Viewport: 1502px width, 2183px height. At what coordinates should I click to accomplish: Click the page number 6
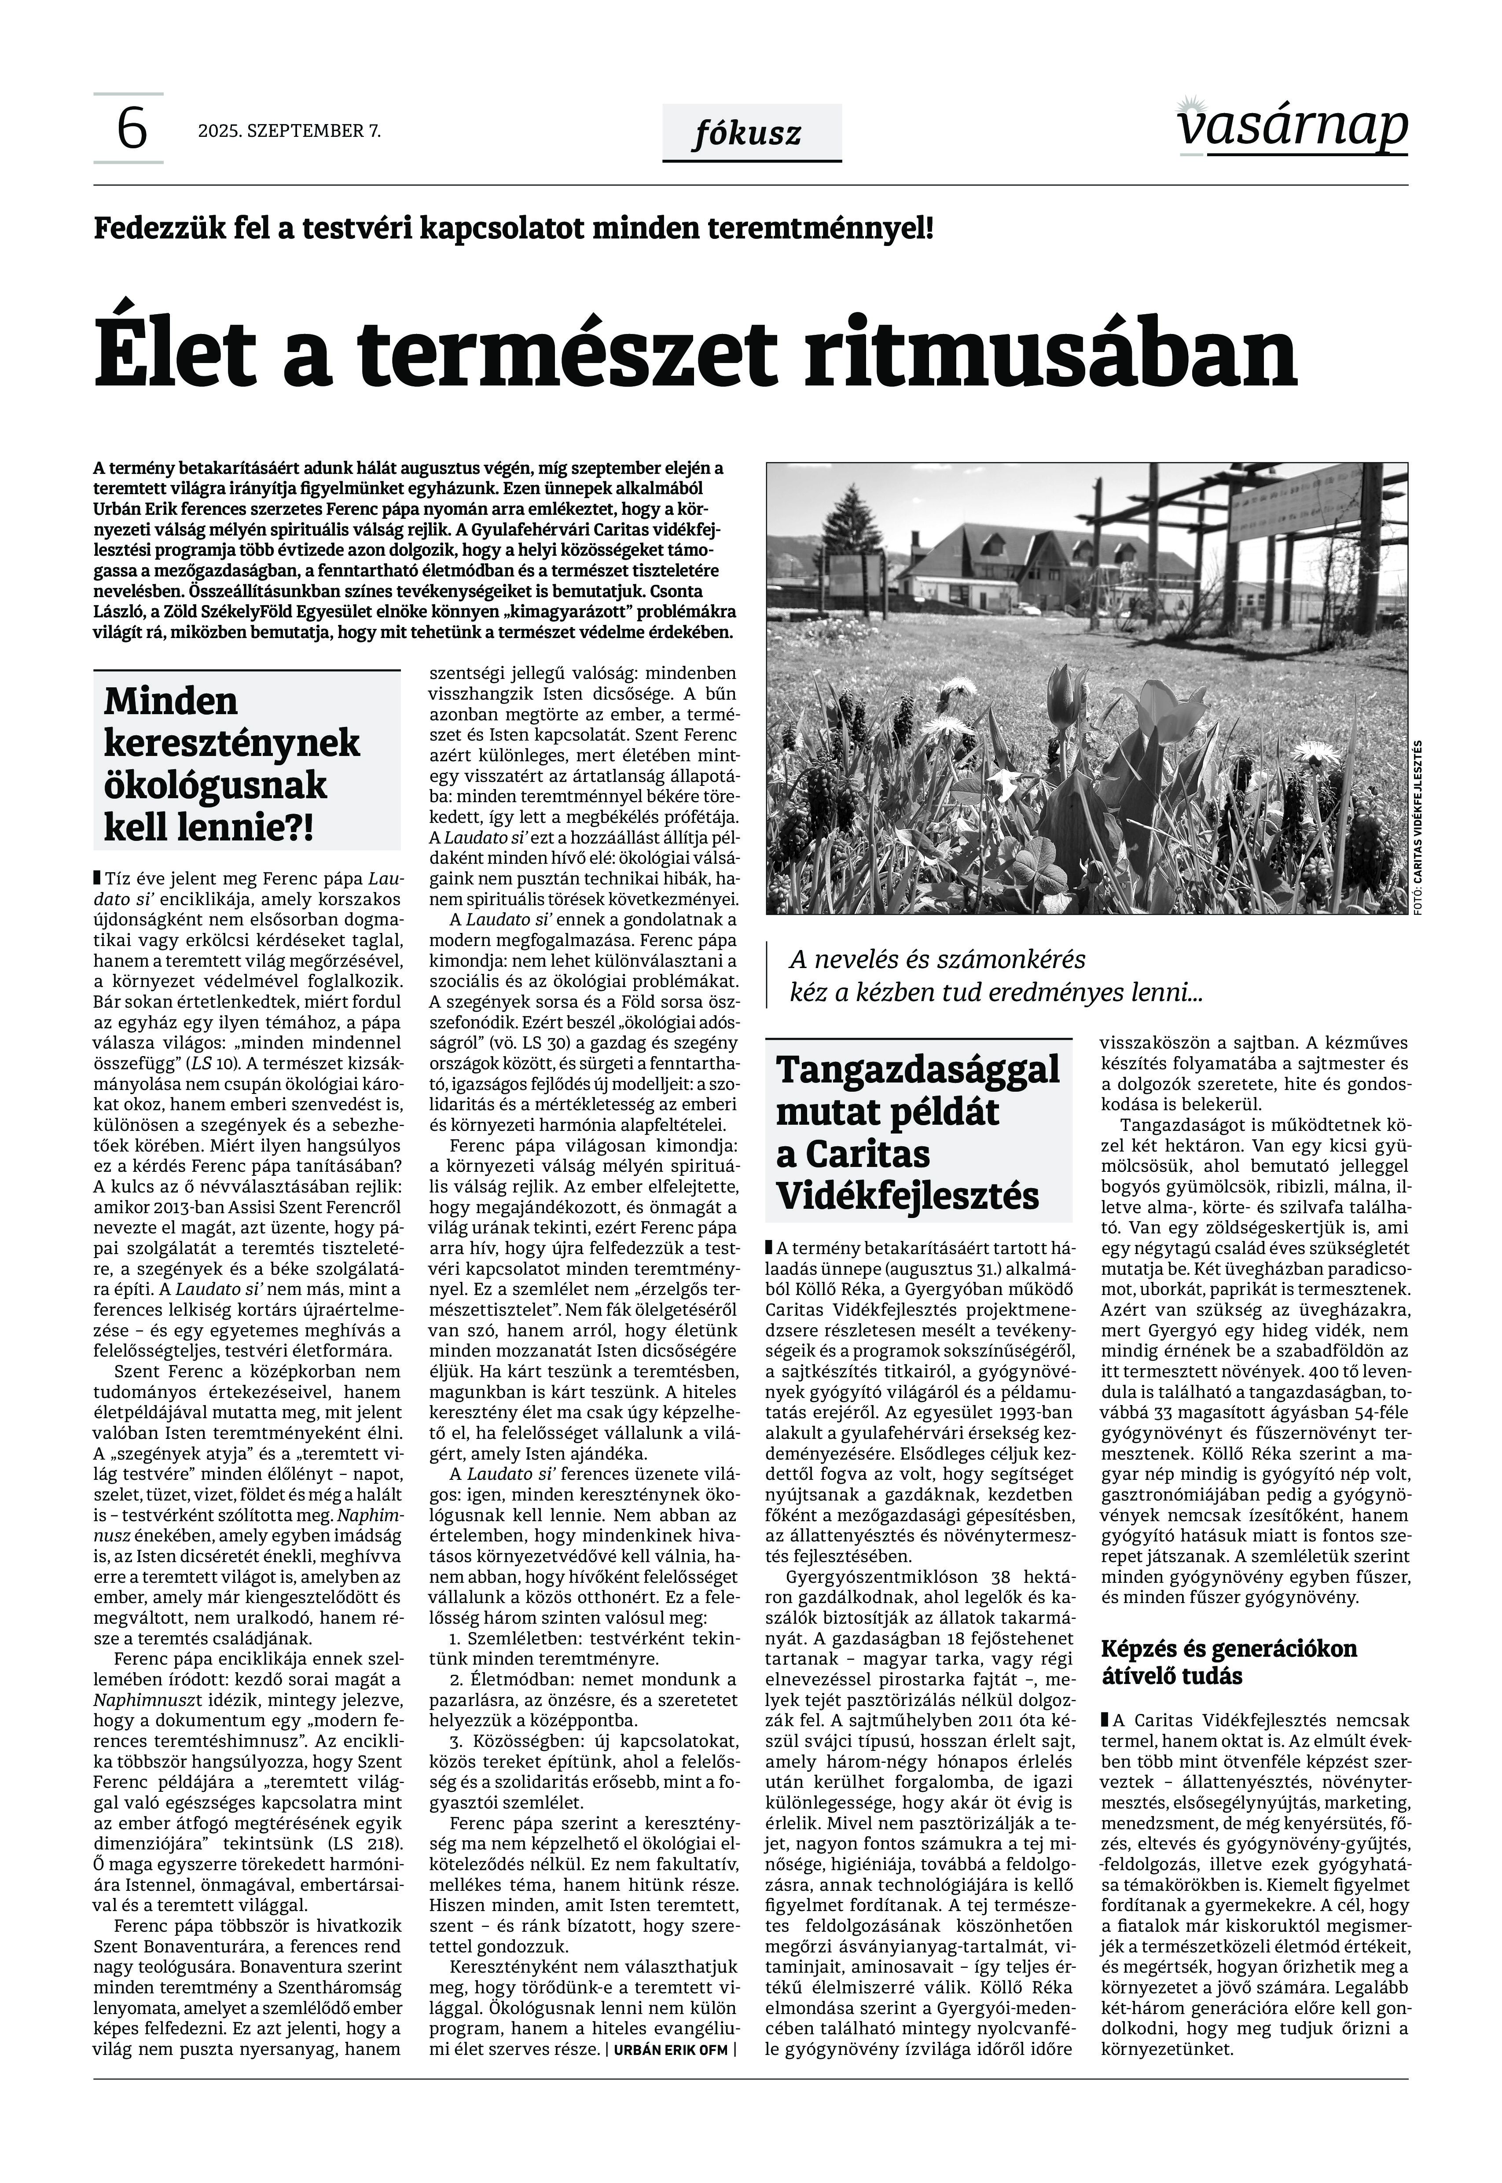131,129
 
